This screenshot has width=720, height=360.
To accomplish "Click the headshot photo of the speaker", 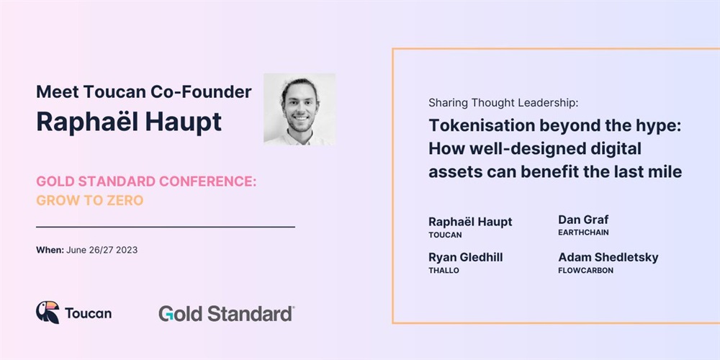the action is (299, 109).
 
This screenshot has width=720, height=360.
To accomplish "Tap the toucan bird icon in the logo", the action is (48, 312).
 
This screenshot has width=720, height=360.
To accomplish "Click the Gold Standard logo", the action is (226, 314).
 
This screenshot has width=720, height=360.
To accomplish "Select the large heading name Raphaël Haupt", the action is (129, 122).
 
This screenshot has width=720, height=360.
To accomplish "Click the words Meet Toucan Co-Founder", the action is (144, 92).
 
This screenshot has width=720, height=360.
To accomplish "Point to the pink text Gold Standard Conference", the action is (146, 181).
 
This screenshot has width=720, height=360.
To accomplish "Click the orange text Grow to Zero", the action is (90, 201).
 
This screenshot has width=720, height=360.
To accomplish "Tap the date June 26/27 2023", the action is (102, 251).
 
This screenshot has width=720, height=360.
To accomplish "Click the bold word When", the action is (50, 251).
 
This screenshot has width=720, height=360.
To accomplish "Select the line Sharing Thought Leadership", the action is (503, 103).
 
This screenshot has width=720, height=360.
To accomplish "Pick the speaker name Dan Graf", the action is (583, 220).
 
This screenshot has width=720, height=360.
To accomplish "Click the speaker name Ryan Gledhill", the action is (466, 257).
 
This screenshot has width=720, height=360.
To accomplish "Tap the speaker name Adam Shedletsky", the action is (608, 257).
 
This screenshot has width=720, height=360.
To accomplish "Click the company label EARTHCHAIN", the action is (584, 233).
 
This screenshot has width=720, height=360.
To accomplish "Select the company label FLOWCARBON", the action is (586, 271).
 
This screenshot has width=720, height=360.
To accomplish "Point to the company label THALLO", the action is (444, 271).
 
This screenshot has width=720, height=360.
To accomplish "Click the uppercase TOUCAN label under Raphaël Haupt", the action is (445, 235).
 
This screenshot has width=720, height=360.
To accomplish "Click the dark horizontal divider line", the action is (166, 227).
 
